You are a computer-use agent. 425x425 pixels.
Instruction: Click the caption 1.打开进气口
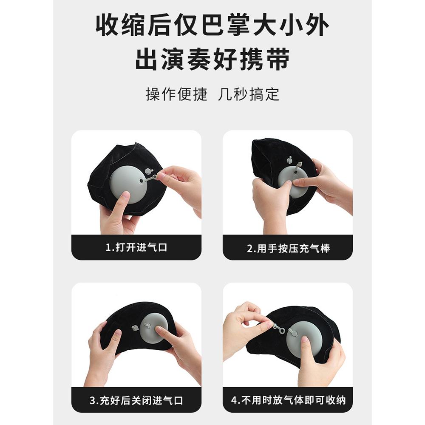tap(136, 248)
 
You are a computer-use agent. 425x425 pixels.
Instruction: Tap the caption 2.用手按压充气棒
tap(288, 248)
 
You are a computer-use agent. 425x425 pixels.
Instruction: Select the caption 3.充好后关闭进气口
tap(136, 400)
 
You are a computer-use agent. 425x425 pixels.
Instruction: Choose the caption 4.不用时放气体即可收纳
tap(288, 400)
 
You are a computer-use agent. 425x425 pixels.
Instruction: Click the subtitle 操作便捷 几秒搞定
tap(212, 94)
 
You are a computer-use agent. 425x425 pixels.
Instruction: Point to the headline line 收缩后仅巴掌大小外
tap(212, 26)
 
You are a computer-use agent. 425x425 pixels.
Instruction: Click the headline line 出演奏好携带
tap(212, 60)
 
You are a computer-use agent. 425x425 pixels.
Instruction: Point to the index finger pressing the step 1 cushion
tap(123, 202)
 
